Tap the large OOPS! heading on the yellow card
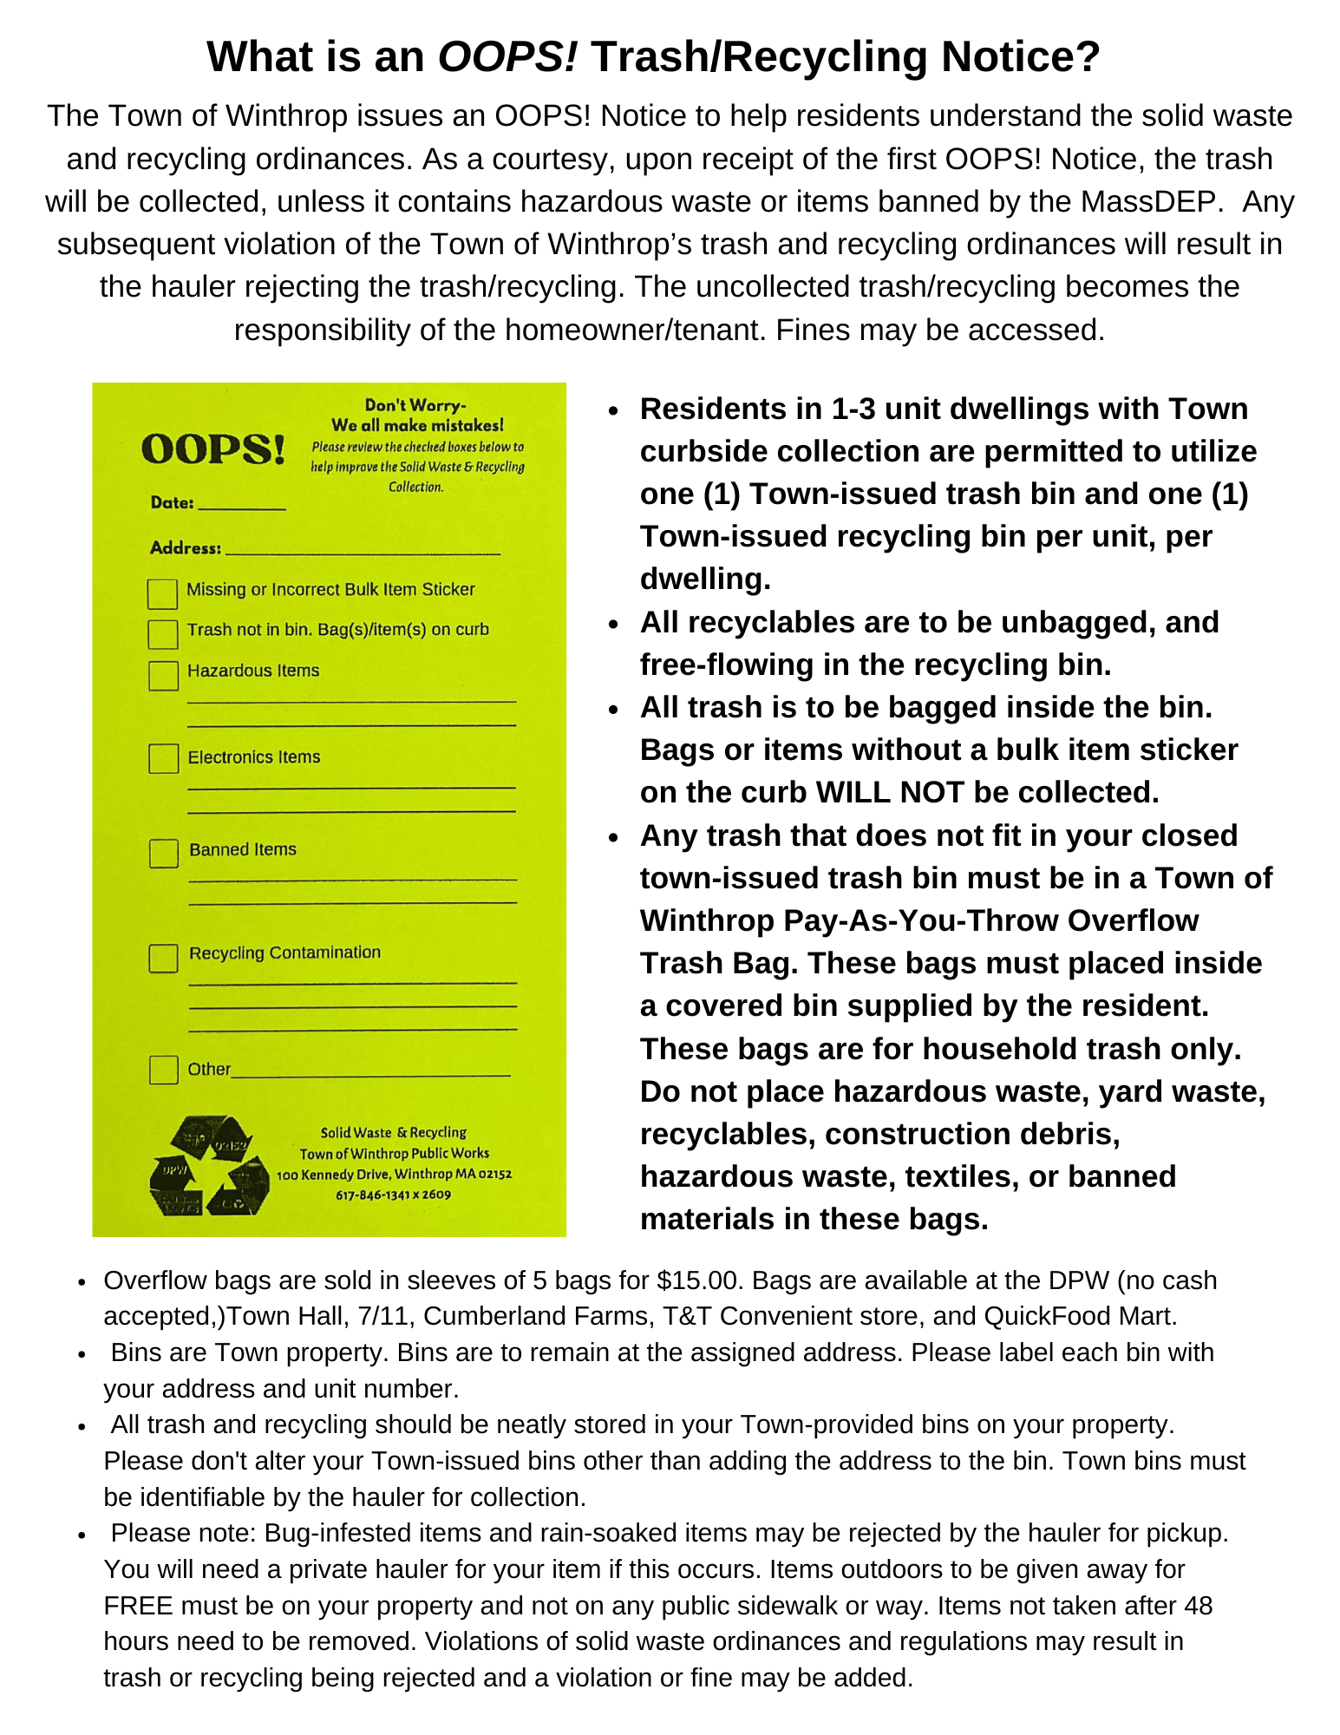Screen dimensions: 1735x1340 tap(213, 449)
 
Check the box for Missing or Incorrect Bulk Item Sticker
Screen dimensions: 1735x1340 tap(162, 593)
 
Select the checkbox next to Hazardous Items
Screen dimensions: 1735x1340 tap(163, 675)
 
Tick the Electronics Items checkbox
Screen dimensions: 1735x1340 tap(163, 758)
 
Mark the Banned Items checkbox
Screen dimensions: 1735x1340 tap(163, 853)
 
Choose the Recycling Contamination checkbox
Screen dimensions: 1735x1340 tap(163, 958)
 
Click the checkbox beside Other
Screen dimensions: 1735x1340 tap(163, 1070)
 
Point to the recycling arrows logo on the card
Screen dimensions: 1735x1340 tap(209, 1165)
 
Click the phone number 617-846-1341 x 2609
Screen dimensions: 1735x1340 tap(394, 1195)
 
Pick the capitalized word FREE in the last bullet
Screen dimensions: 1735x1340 tap(138, 1606)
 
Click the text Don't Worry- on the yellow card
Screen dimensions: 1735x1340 tap(415, 405)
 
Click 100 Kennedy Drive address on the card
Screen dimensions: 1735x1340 tap(334, 1175)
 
